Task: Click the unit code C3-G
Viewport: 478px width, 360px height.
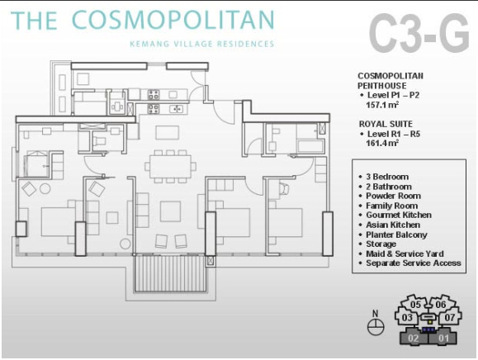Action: coord(419,34)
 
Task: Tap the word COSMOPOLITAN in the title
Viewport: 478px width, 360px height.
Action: coord(173,20)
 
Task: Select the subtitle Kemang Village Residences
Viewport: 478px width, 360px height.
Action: coord(201,44)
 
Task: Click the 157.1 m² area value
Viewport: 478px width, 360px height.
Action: coord(382,105)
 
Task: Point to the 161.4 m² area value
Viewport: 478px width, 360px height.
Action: coord(382,143)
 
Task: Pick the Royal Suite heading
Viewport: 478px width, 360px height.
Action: coord(386,124)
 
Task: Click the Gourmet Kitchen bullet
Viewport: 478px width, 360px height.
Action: coord(395,216)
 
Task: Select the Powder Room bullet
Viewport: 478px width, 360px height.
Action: coord(390,196)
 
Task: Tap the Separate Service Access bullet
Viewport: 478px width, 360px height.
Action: coord(410,263)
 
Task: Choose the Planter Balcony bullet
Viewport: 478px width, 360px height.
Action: coord(393,234)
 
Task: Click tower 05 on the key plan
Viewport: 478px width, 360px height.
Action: coord(415,305)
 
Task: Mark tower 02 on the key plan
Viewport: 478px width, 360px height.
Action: coord(414,338)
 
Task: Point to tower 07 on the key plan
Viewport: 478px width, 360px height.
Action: coord(450,318)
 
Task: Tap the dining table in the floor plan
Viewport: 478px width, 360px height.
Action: coord(171,167)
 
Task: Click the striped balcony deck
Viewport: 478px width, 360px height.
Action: coord(169,273)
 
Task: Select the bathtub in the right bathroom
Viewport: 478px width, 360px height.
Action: coord(310,146)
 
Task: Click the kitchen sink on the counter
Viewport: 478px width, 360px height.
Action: coord(176,108)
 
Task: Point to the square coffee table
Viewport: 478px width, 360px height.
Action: coord(170,211)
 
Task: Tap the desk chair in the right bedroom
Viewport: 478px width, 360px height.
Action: coord(285,189)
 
